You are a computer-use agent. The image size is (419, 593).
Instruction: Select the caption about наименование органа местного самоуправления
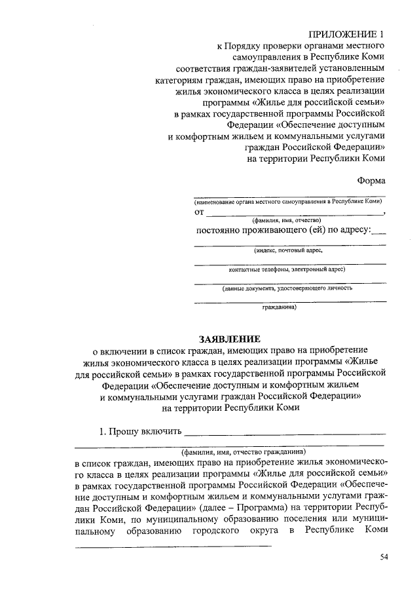(x=288, y=202)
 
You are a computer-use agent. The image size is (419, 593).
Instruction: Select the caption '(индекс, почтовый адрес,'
(x=289, y=250)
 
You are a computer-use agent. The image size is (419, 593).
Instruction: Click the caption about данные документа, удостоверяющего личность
(x=287, y=288)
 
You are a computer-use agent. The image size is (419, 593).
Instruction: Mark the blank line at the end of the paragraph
(x=173, y=545)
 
